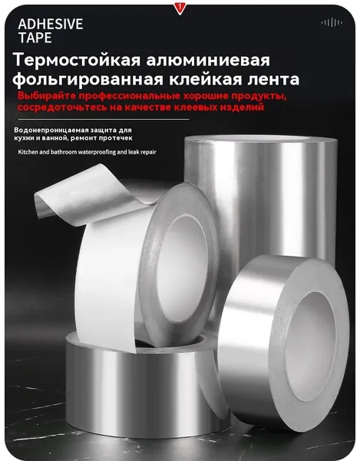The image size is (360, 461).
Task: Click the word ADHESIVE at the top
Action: click(x=51, y=24)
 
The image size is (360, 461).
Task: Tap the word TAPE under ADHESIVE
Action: click(x=35, y=38)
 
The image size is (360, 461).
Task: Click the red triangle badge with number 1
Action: click(x=179, y=8)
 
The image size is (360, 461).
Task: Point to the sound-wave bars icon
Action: click(x=332, y=22)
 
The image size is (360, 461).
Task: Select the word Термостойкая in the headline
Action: click(x=76, y=60)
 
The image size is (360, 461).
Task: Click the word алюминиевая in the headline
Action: click(x=207, y=60)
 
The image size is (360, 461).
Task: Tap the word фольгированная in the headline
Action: click(x=88, y=79)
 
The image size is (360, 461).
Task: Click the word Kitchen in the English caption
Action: click(x=27, y=152)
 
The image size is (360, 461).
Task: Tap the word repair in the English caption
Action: click(x=149, y=152)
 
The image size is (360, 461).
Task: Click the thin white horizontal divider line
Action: click(x=104, y=120)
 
